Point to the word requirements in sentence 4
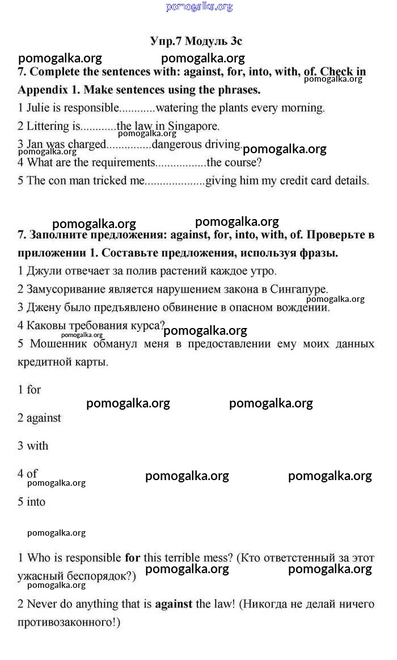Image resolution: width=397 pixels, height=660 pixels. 119,163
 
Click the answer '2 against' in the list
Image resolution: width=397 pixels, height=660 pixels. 39,418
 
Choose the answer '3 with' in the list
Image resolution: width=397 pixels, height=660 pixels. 33,446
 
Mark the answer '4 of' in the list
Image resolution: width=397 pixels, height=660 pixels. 28,474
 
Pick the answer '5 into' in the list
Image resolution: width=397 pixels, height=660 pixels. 31,502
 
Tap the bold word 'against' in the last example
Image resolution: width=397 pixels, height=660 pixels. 174,604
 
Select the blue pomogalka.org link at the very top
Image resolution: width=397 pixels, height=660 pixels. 199,7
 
